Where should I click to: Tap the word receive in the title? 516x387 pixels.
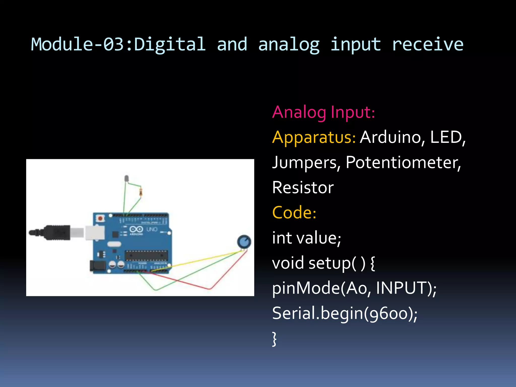pyautogui.click(x=427, y=44)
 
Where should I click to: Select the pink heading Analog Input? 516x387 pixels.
pyautogui.click(x=324, y=112)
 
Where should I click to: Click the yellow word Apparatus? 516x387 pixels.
pyautogui.click(x=314, y=137)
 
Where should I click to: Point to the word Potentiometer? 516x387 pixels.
pyautogui.click(x=403, y=163)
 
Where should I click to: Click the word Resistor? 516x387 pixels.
pyautogui.click(x=303, y=188)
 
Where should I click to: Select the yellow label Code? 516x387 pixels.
pyautogui.click(x=294, y=212)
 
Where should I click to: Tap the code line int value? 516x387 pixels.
pyautogui.click(x=306, y=238)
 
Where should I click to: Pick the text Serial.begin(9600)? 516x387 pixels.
pyautogui.click(x=345, y=313)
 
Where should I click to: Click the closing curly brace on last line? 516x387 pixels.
pyautogui.click(x=275, y=339)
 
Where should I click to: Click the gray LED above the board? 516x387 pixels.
pyautogui.click(x=126, y=178)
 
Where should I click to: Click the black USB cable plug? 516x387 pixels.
pyautogui.click(x=57, y=232)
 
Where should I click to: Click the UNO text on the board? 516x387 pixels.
pyautogui.click(x=152, y=229)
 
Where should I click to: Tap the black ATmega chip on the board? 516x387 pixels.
pyautogui.click(x=146, y=255)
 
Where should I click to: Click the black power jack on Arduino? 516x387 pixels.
pyautogui.click(x=98, y=267)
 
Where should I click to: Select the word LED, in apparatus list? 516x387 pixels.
pyautogui.click(x=448, y=137)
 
